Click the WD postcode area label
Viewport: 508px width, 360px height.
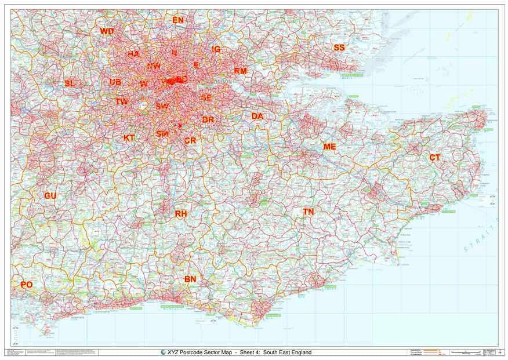click(x=107, y=31)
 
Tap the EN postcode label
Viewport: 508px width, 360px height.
click(x=178, y=20)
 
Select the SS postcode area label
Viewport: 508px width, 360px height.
click(x=339, y=48)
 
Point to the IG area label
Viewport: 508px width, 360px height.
click(x=216, y=49)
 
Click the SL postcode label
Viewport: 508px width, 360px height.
click(x=70, y=83)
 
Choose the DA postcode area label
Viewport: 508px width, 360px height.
click(x=257, y=117)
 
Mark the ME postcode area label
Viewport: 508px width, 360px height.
click(x=329, y=147)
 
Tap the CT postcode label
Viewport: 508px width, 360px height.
click(x=435, y=158)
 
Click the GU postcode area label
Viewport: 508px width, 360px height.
click(x=50, y=196)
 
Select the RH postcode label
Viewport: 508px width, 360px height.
click(x=181, y=214)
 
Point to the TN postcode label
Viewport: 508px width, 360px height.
click(x=309, y=212)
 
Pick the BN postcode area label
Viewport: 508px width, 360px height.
click(x=190, y=279)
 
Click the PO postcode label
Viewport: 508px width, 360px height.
click(x=27, y=285)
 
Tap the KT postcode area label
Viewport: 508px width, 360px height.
click(x=129, y=138)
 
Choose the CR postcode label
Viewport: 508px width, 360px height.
click(x=190, y=141)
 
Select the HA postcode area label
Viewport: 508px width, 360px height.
click(x=133, y=54)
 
